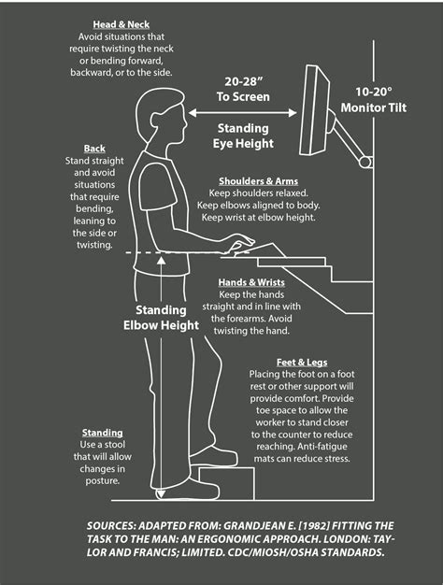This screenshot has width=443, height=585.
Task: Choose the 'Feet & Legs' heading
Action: tap(301, 362)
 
